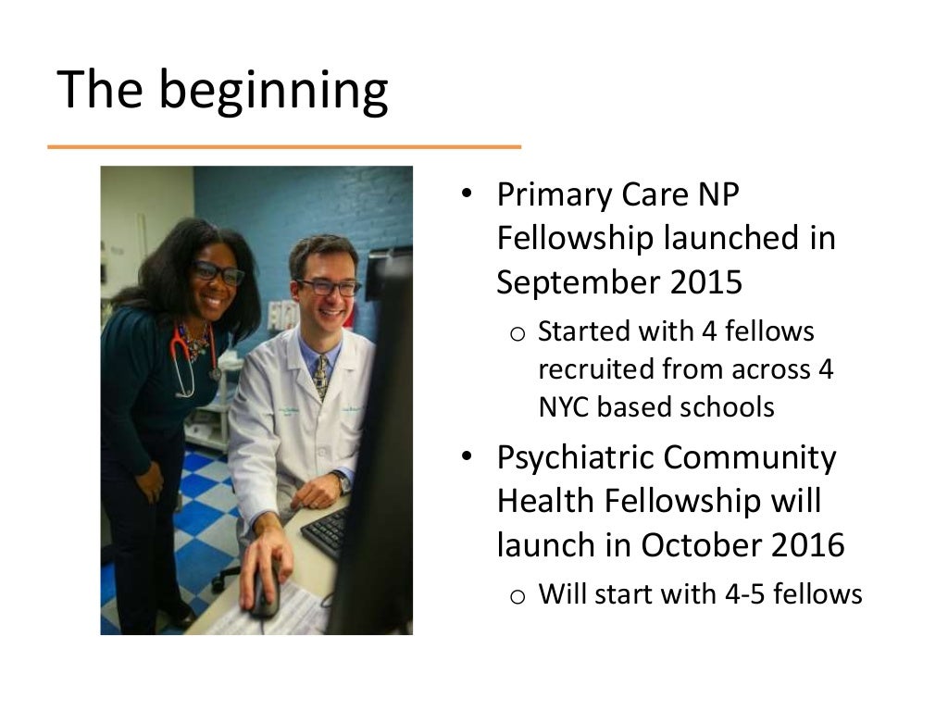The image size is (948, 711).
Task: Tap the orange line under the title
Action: [x=284, y=146]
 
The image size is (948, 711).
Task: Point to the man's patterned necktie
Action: [x=320, y=374]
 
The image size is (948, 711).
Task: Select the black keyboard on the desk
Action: [x=326, y=532]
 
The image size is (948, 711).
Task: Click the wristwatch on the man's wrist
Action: [x=343, y=482]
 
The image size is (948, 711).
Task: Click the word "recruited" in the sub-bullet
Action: [x=594, y=368]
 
